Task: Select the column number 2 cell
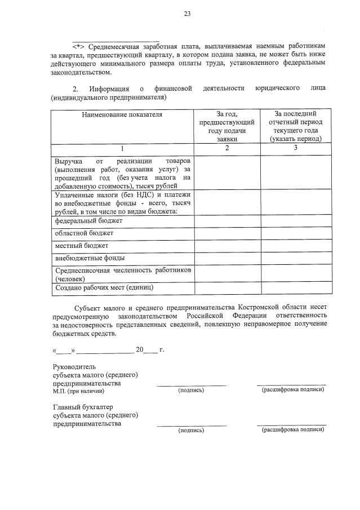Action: pos(227,148)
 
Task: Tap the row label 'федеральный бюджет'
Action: pos(88,220)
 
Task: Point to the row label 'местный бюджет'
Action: pos(82,246)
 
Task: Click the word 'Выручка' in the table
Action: pos(68,161)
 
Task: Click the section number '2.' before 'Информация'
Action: pos(76,88)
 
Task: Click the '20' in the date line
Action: pos(140,349)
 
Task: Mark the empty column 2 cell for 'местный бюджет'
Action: pos(227,246)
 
